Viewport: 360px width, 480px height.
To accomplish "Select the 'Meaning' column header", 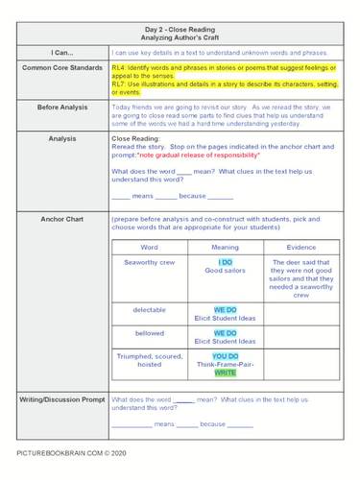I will pyautogui.click(x=225, y=247).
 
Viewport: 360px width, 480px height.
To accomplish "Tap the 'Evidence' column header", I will pyautogui.click(x=300, y=247).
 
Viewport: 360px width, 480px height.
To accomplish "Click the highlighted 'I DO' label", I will pyautogui.click(x=225, y=262).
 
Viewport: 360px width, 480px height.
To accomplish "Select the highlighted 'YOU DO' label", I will pyautogui.click(x=225, y=355).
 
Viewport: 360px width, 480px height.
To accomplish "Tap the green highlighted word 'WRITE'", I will pyautogui.click(x=225, y=372).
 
